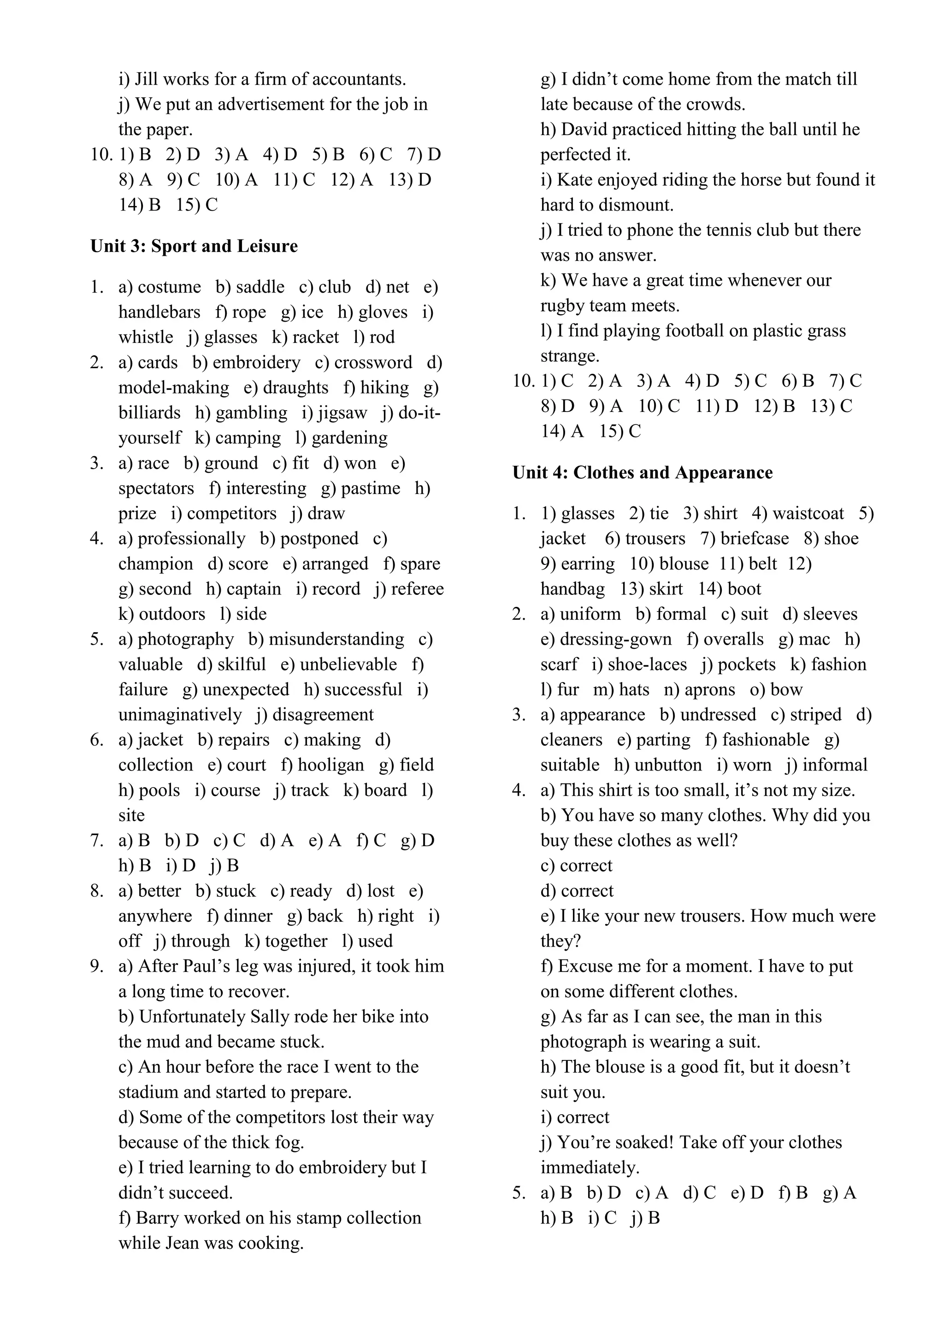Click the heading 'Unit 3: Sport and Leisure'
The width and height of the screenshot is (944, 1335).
(194, 246)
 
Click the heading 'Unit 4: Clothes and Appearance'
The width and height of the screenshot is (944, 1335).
(642, 472)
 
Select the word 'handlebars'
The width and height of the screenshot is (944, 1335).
(159, 312)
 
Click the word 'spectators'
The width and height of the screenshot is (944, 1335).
(156, 488)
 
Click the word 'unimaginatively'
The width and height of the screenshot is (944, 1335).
(180, 715)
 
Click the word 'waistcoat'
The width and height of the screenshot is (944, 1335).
(808, 513)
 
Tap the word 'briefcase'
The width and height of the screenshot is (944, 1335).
(755, 538)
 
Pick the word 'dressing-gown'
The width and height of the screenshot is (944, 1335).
(615, 639)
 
